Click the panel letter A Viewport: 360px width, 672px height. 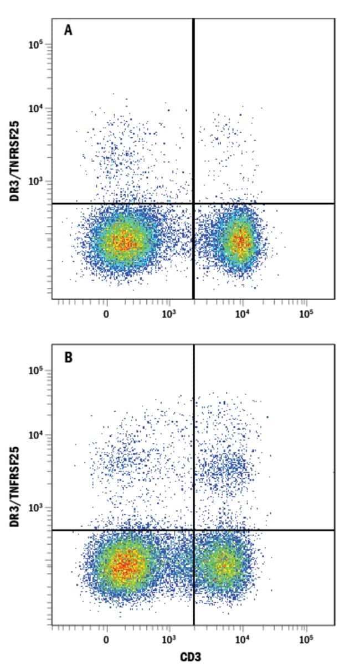click(68, 30)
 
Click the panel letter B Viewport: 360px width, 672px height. click(68, 357)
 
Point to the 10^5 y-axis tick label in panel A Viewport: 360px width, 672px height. click(37, 44)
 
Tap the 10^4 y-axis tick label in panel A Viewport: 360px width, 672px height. click(37, 108)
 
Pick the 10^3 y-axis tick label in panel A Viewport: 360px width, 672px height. click(37, 182)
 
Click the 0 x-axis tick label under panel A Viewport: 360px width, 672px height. click(106, 313)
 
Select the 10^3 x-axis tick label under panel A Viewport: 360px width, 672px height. click(169, 313)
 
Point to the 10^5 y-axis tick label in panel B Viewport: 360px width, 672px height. click(37, 370)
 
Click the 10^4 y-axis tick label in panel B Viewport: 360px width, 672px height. click(37, 435)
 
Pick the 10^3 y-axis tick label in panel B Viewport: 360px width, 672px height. click(37, 508)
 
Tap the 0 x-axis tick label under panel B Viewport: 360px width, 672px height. click(106, 640)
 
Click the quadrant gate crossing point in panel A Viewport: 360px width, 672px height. click(193, 204)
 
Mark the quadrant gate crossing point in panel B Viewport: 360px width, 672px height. click(194, 530)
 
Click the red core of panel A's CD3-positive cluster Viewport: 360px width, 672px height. click(240, 240)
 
